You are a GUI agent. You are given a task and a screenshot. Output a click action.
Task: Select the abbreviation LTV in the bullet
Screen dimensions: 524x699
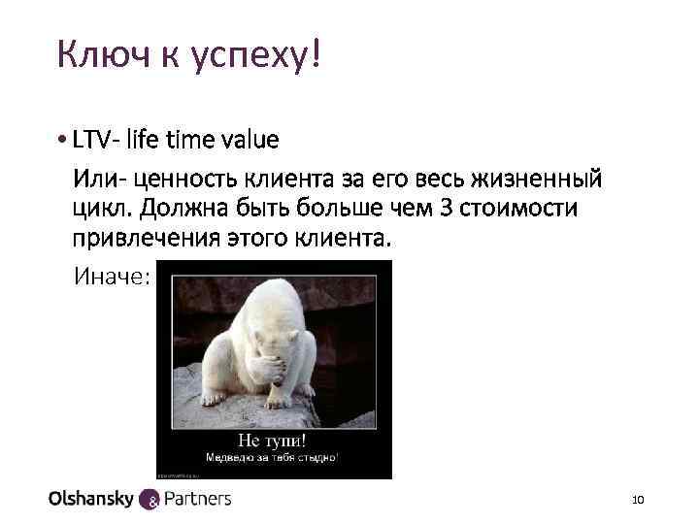pos(92,140)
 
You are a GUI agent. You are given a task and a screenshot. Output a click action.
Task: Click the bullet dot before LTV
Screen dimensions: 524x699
pos(62,141)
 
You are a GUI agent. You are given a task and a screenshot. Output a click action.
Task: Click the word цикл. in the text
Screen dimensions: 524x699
pos(97,210)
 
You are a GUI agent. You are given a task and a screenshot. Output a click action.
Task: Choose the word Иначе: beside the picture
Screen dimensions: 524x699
pos(113,278)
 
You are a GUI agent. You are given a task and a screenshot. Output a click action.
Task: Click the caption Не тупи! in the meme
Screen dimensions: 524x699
pos(273,440)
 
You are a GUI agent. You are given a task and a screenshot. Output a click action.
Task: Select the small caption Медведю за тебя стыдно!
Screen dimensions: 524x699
pos(273,457)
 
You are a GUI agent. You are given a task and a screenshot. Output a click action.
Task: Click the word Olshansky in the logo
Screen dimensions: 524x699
pos(92,499)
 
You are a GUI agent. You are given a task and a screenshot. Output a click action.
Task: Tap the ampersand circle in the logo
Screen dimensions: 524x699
pos(150,501)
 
